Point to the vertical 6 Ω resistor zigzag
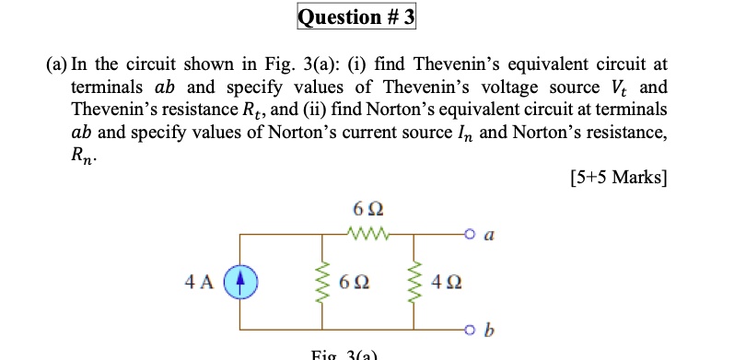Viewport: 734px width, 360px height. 324,282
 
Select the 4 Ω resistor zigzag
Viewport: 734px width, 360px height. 414,282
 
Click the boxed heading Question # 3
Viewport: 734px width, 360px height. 356,17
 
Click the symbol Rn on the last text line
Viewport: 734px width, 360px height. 82,154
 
